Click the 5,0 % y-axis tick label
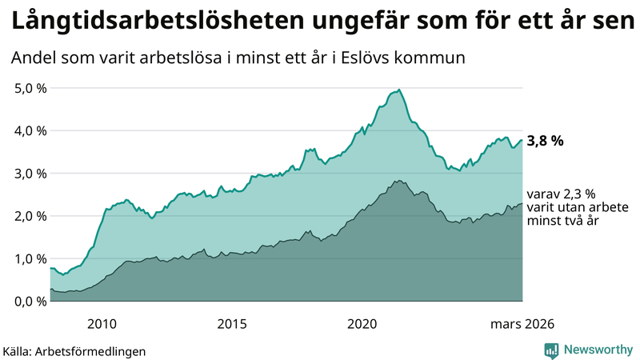[30, 88]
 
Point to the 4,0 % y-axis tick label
[30, 130]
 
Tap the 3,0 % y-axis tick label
[30, 174]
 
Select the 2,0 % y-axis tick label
[30, 216]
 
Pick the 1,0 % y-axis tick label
[30, 258]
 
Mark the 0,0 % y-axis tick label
[30, 301]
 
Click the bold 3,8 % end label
[546, 141]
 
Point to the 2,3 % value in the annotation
[577, 194]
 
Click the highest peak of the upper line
[399, 90]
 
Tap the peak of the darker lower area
[398, 181]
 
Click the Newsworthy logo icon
[552, 350]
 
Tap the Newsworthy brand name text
[597, 350]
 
